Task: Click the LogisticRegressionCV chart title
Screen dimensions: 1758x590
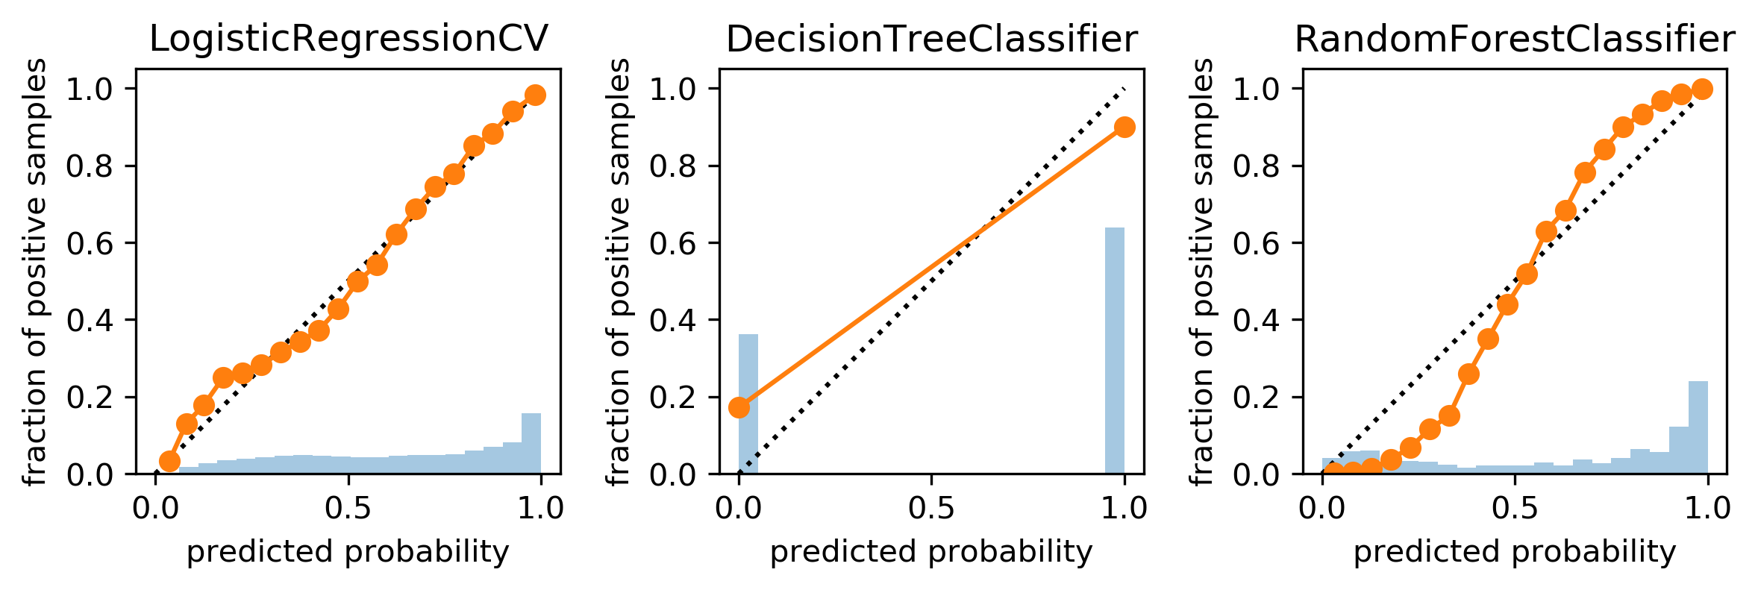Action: coord(348,40)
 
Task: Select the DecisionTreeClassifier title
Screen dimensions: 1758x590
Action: coord(932,40)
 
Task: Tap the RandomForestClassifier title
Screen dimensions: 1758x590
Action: coord(1515,40)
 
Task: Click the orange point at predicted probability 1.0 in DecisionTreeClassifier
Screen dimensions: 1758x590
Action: coord(1124,127)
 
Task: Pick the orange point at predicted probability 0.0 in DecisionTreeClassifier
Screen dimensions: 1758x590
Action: coord(739,407)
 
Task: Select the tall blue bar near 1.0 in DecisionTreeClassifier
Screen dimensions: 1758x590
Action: coord(1115,351)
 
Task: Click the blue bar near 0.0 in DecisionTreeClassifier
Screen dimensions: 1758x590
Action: coord(748,404)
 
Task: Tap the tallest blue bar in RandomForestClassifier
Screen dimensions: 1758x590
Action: coord(1698,427)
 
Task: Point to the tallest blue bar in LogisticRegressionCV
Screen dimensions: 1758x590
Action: coord(531,443)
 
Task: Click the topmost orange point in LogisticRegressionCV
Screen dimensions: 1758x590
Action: coord(535,95)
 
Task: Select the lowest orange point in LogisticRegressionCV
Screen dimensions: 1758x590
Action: coord(169,462)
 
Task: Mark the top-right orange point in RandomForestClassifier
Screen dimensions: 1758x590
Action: coord(1702,89)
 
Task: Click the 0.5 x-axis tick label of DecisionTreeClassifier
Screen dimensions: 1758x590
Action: coord(931,509)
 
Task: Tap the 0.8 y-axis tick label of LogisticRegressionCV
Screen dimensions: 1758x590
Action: coord(90,166)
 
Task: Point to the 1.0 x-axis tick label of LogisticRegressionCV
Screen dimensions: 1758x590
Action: coord(540,509)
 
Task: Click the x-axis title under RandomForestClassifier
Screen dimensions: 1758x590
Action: coord(1515,553)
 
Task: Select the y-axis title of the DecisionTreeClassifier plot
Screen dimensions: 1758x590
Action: coord(619,272)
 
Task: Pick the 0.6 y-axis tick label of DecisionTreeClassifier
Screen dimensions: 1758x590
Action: coord(673,243)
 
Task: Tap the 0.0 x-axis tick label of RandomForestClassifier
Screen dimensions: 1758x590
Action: coord(1322,509)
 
